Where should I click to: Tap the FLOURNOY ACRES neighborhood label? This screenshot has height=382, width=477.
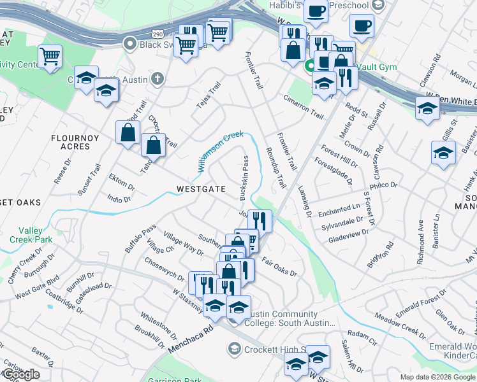click(71, 141)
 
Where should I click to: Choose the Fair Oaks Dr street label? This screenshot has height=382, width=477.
click(279, 266)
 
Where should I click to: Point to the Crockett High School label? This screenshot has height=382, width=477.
click(268, 349)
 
